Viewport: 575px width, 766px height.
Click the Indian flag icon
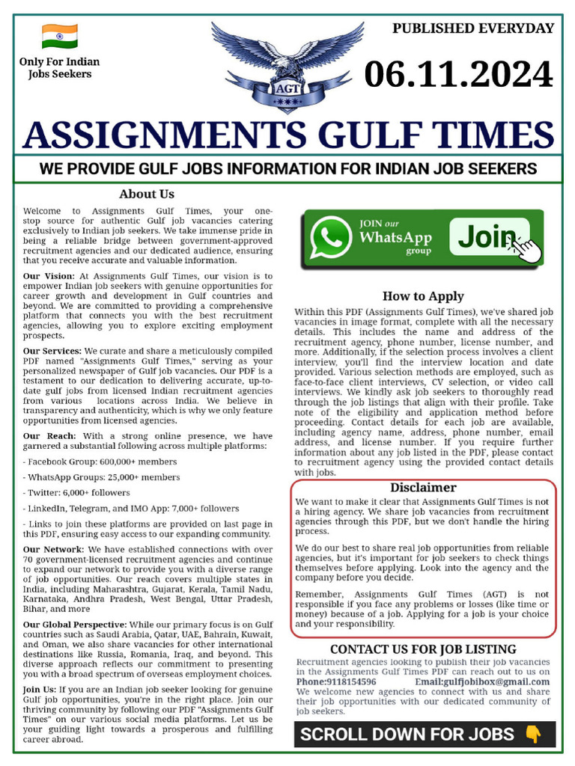tap(60, 35)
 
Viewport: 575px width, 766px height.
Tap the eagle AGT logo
tap(287, 64)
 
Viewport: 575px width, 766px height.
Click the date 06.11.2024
tap(458, 75)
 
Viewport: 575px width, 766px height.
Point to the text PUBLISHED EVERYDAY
tap(473, 28)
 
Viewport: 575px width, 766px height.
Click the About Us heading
tap(147, 194)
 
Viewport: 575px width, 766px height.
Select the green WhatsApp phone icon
tap(329, 239)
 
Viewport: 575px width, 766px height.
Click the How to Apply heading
tap(423, 295)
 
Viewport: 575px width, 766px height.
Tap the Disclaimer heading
tap(423, 487)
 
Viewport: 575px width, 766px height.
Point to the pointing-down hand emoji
tap(533, 735)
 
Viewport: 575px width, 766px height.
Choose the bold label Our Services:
tap(52, 350)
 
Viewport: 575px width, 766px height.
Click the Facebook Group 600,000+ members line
tap(100, 462)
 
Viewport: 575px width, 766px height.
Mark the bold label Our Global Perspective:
tap(75, 624)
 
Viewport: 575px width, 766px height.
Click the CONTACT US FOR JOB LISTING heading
tap(423, 649)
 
